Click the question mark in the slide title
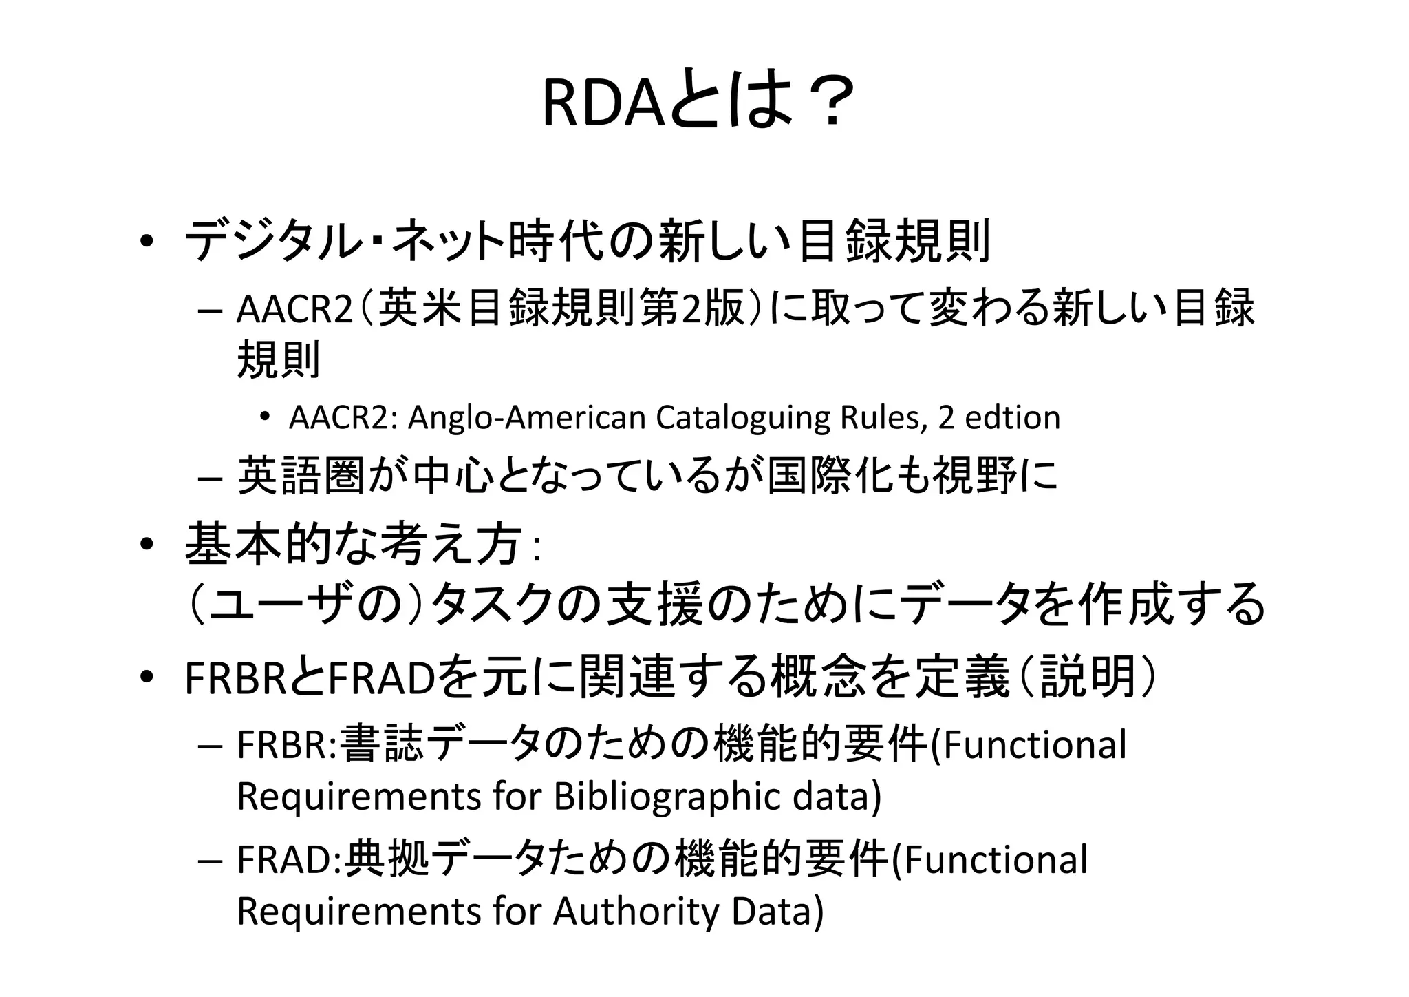[x=832, y=103]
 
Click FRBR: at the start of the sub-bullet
[x=286, y=745]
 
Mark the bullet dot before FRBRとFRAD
[x=147, y=678]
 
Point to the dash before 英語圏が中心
[x=209, y=478]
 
